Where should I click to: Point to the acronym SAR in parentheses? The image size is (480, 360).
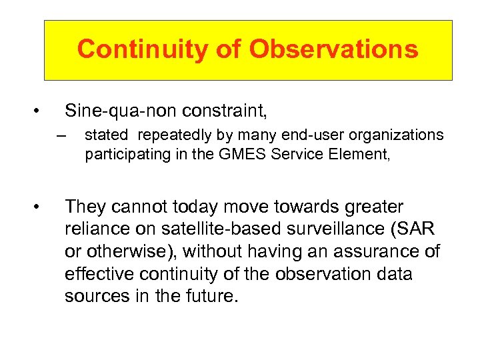pos(412,229)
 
